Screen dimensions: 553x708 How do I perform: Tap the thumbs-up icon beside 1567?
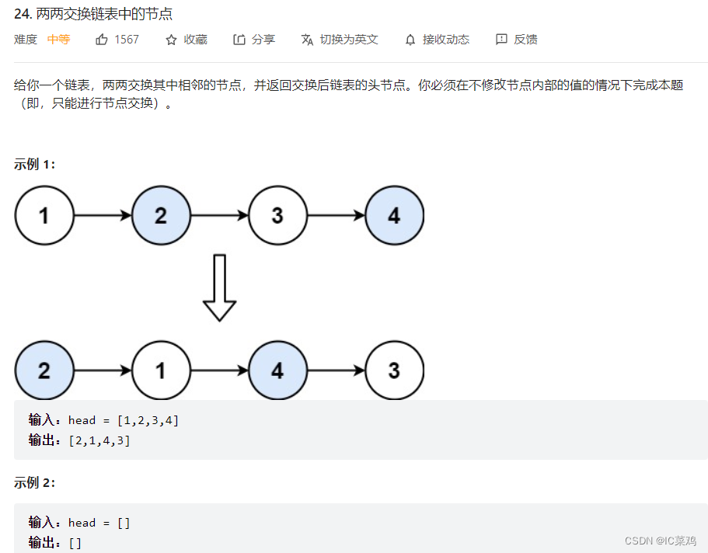click(102, 40)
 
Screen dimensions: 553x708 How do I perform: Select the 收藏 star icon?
click(172, 40)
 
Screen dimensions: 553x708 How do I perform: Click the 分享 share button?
click(254, 40)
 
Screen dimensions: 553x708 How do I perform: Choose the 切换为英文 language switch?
click(340, 40)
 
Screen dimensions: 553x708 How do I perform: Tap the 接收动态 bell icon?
click(410, 40)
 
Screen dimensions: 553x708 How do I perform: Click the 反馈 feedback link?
click(516, 40)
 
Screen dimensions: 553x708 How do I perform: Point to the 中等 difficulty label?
click(58, 40)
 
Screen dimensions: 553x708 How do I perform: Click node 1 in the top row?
click(44, 215)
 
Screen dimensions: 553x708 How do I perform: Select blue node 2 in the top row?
click(161, 215)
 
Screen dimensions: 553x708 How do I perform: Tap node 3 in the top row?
click(277, 215)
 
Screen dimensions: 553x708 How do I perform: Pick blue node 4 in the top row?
click(394, 215)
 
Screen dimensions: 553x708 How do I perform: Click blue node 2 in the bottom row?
click(44, 370)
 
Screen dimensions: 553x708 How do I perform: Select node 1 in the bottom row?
click(161, 370)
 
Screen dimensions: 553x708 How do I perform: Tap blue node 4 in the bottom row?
click(277, 370)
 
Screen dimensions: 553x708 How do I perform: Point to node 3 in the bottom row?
click(394, 370)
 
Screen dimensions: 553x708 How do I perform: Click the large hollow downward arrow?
click(219, 287)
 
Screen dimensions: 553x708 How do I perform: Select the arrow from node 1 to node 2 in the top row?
click(103, 215)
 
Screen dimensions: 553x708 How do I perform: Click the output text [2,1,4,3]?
click(99, 440)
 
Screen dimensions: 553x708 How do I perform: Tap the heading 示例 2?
click(35, 482)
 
